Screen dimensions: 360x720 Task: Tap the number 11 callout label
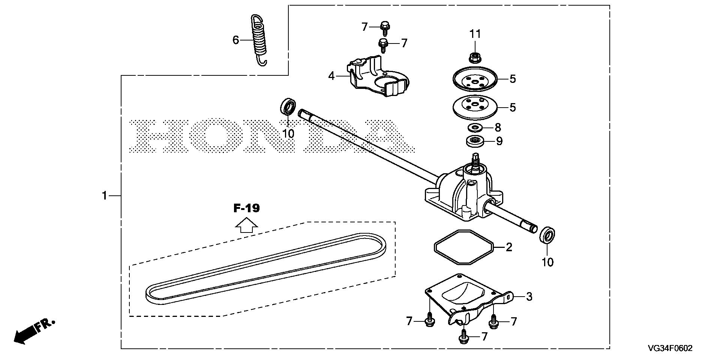click(x=475, y=34)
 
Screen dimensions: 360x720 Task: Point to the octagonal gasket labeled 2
click(x=462, y=248)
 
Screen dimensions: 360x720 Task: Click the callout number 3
click(x=529, y=297)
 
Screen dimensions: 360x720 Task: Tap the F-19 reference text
click(x=246, y=208)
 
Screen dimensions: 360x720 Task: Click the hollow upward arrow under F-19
click(x=246, y=226)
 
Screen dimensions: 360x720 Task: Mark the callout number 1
click(x=105, y=196)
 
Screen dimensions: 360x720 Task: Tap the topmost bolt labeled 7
click(x=384, y=27)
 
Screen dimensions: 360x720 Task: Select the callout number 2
click(x=509, y=247)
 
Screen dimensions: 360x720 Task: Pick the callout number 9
click(x=499, y=141)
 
